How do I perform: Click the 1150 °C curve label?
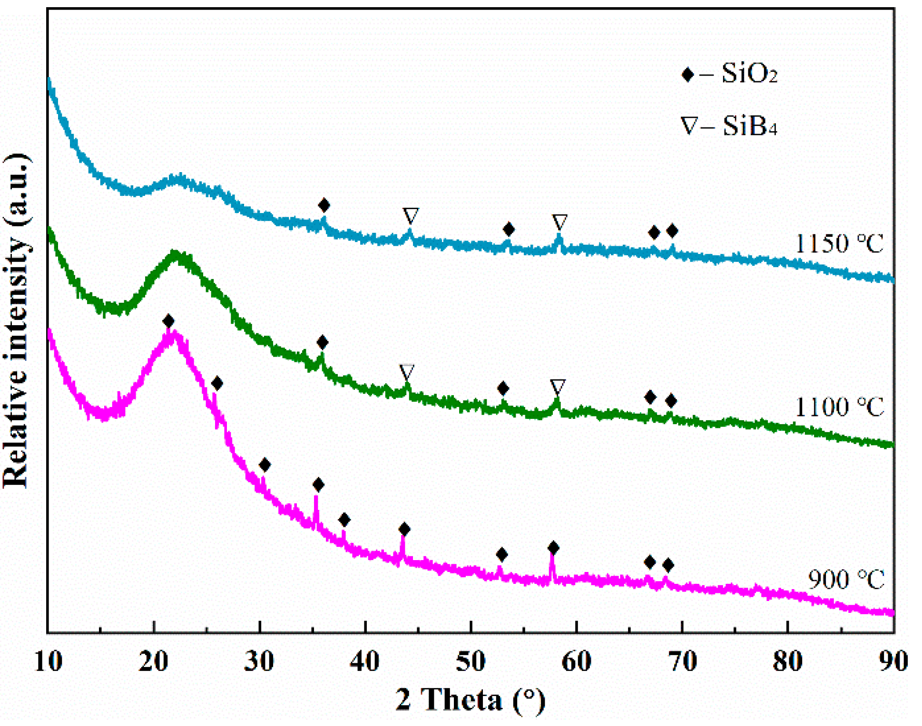[x=839, y=244]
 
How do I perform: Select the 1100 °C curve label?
[x=839, y=407]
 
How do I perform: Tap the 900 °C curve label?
[x=845, y=580]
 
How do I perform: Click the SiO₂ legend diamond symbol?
[x=687, y=74]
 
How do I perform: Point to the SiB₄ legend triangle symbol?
[x=688, y=126]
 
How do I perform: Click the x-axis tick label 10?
[x=48, y=661]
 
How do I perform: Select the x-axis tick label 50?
[x=471, y=661]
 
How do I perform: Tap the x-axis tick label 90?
[x=893, y=661]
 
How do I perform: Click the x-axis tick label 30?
[x=259, y=661]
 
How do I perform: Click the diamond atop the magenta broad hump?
[x=168, y=321]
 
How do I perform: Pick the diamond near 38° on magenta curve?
[x=344, y=520]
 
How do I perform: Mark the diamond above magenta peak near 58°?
[x=553, y=548]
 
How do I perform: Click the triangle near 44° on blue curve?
[x=411, y=215]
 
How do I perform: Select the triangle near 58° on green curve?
[x=558, y=386]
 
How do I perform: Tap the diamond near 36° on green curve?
[x=322, y=342]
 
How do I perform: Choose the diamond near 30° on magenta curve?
[x=265, y=465]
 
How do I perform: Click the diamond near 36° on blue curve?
[x=324, y=205]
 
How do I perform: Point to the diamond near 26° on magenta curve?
[x=217, y=383]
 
